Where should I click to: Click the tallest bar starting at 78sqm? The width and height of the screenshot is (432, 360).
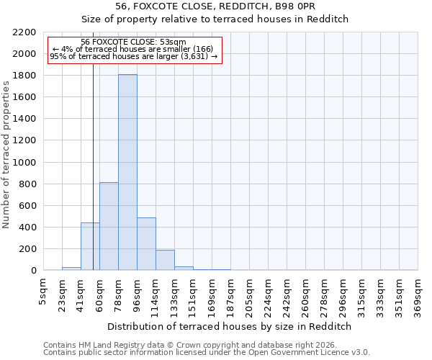127,173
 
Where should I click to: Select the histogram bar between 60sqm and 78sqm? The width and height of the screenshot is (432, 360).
109,226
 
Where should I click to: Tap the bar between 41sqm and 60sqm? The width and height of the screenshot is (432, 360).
90,246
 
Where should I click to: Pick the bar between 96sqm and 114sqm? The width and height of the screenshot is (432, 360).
146,243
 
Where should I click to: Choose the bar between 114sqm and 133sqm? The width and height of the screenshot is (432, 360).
165,260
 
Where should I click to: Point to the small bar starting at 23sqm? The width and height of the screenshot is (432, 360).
71,269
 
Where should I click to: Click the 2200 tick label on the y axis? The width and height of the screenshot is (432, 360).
24,32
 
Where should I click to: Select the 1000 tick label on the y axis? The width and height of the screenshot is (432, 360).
24,163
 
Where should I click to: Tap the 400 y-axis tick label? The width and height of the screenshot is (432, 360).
27,228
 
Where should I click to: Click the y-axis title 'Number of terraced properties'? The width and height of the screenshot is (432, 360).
6,154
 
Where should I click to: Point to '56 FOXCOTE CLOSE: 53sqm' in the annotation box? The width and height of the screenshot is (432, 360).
133,42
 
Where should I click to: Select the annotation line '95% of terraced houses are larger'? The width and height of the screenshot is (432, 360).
133,56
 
